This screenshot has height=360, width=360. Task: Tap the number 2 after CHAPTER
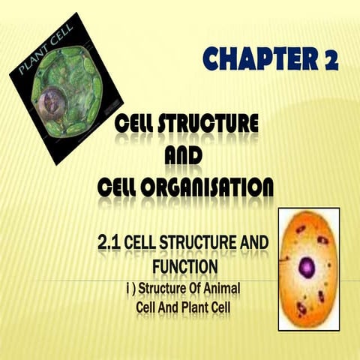point(330,58)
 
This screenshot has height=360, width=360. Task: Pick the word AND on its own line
point(184,154)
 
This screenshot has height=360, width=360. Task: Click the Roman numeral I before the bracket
point(128,288)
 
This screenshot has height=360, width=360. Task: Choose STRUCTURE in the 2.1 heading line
point(198,243)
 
